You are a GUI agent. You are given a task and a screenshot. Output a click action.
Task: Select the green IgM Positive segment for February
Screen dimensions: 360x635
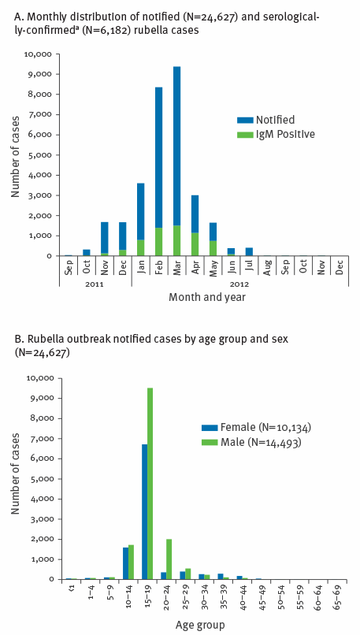click(x=158, y=242)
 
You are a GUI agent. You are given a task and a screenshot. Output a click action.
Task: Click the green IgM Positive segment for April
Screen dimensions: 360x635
click(x=195, y=244)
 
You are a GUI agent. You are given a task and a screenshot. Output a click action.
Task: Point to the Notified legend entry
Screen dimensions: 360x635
click(x=265, y=120)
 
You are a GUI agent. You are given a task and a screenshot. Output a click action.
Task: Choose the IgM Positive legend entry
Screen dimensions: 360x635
click(x=276, y=134)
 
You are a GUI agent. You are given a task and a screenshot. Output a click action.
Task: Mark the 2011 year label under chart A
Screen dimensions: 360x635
click(x=95, y=284)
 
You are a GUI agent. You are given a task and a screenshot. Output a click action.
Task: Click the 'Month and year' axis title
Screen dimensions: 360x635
click(x=207, y=298)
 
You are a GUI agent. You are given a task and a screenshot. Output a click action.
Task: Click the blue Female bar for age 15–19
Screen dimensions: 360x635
click(x=144, y=512)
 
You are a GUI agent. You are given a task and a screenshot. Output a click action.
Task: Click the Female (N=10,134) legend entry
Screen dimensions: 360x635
click(x=257, y=428)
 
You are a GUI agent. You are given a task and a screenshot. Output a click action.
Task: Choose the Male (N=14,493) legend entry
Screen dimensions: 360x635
click(x=251, y=443)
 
